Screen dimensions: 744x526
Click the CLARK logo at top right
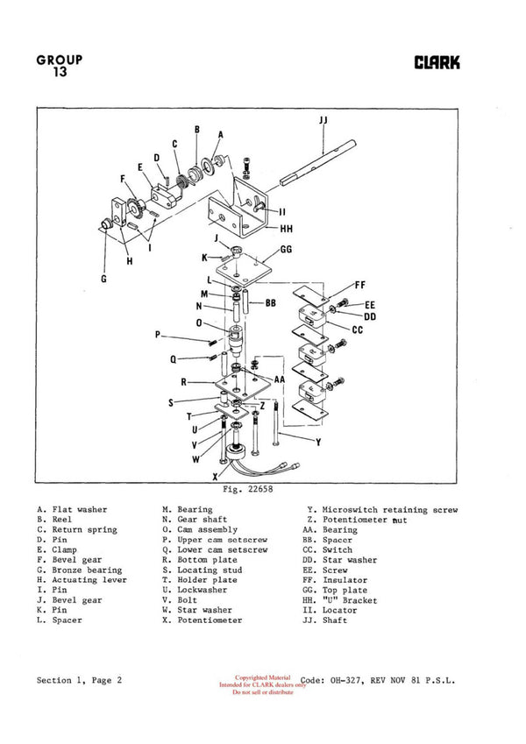[437, 63]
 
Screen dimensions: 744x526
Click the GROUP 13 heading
[60, 66]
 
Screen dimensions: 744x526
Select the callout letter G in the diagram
[103, 280]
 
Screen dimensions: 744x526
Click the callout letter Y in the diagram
[317, 443]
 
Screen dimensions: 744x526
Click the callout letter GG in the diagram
[286, 250]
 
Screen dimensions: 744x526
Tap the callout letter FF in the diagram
[359, 285]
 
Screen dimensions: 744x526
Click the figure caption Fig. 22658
[238, 490]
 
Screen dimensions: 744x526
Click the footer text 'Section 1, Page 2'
[79, 679]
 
